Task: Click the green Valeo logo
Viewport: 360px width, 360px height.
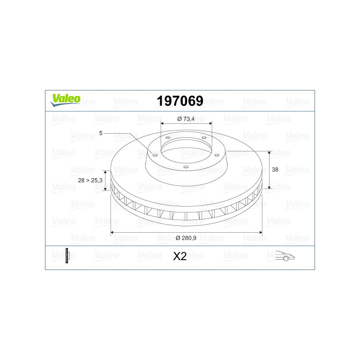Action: coord(65,100)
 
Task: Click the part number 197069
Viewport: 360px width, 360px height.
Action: coord(180,101)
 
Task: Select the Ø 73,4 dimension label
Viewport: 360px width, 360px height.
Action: coord(186,119)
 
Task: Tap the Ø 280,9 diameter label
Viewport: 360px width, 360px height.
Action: coord(186,238)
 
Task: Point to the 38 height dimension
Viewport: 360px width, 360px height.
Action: coord(275,170)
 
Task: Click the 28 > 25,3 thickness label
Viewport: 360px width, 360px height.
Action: coord(90,180)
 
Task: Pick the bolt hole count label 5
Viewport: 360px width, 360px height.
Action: coord(100,133)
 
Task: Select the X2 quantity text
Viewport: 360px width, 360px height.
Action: coord(180,256)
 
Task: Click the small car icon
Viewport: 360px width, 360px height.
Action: coord(285,256)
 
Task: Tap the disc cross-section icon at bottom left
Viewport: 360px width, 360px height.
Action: coord(67,256)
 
